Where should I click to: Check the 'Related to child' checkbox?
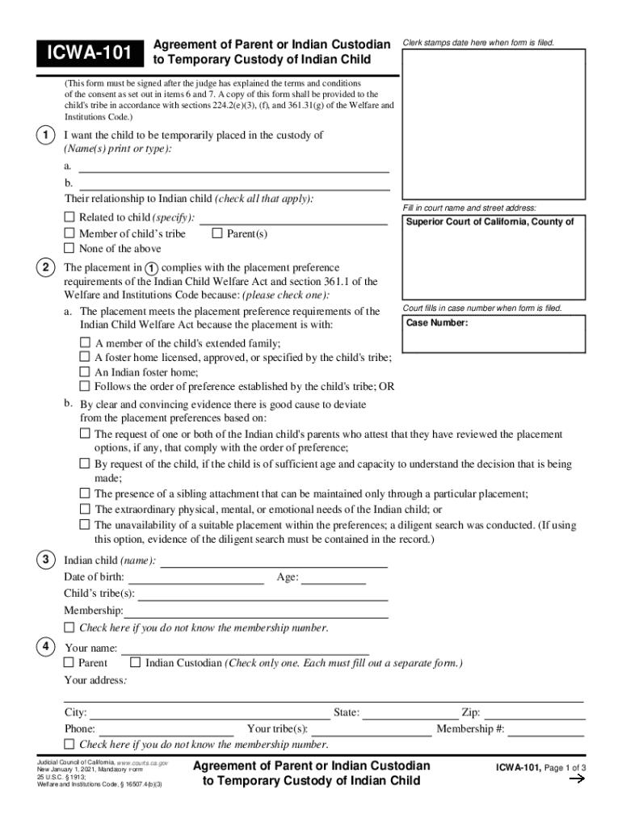pyautogui.click(x=69, y=217)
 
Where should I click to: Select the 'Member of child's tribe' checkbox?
pyautogui.click(x=69, y=233)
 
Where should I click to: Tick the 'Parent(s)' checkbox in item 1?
pyautogui.click(x=216, y=233)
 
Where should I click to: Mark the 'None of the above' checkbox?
pyautogui.click(x=69, y=249)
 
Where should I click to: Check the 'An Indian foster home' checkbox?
pyautogui.click(x=85, y=372)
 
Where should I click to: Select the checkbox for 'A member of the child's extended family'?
pyautogui.click(x=85, y=342)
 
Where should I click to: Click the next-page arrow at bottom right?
pyautogui.click(x=577, y=779)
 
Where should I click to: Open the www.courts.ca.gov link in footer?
pyautogui.click(x=141, y=762)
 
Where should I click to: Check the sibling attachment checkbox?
pyautogui.click(x=85, y=493)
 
